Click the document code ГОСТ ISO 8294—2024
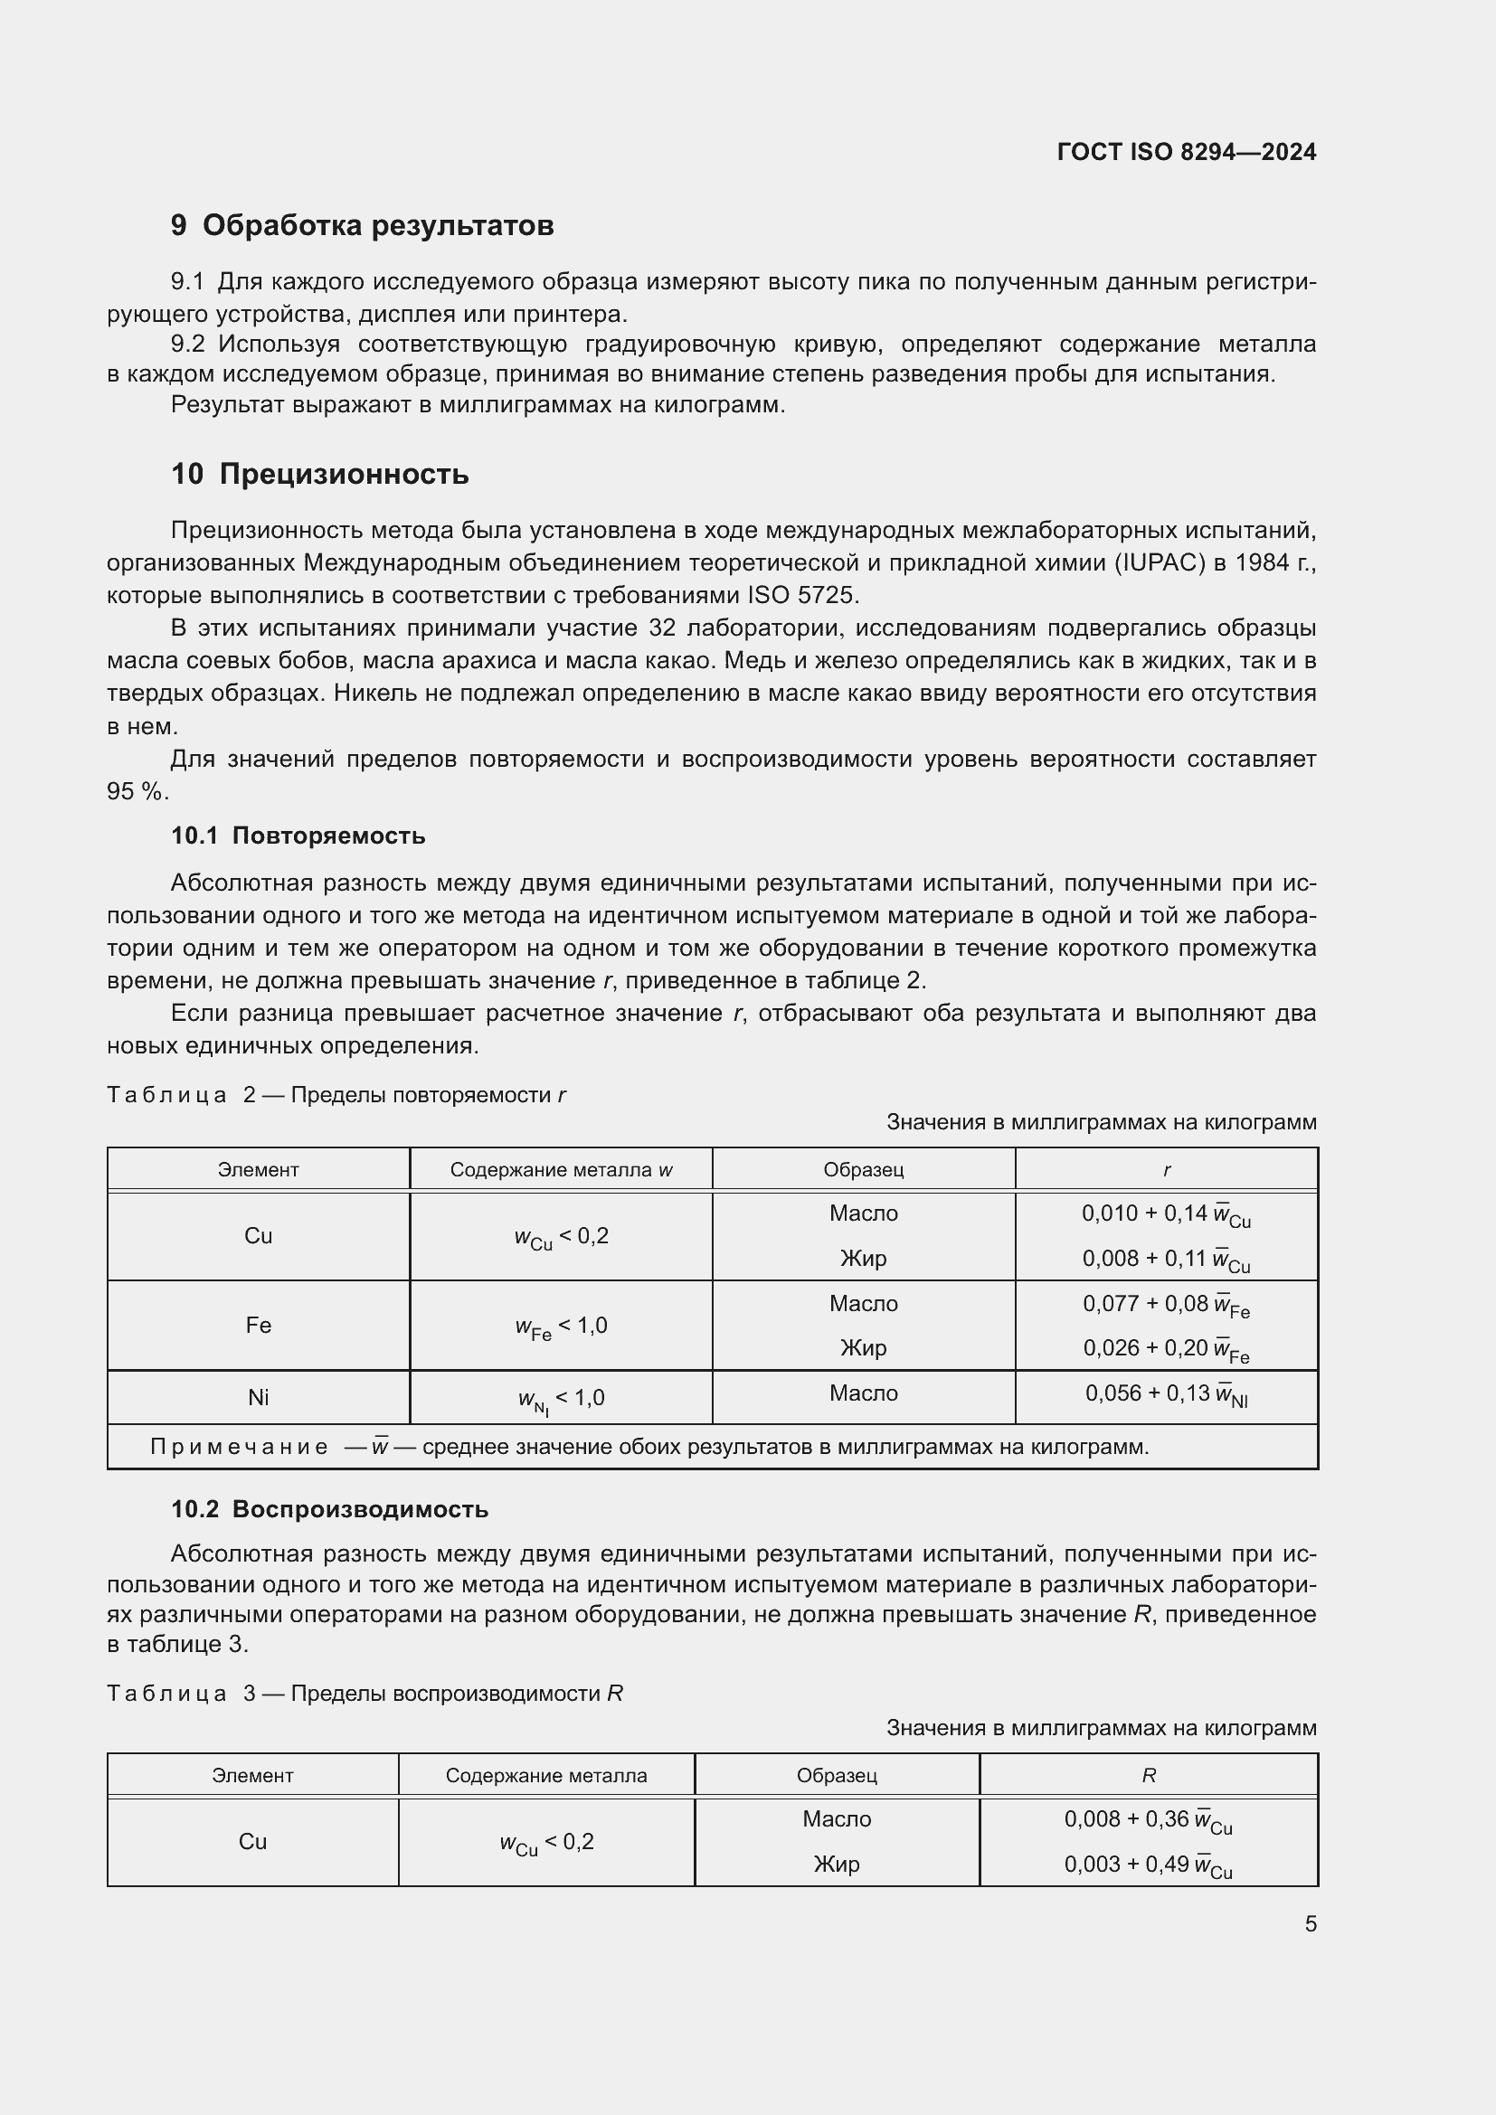point(1187,153)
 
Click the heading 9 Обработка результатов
point(362,226)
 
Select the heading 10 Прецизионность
point(319,475)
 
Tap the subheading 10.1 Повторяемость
point(298,836)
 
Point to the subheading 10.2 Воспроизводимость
point(330,1509)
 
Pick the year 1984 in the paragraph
point(1260,562)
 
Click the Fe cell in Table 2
point(258,1325)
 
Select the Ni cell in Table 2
point(258,1397)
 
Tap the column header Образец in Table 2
point(863,1170)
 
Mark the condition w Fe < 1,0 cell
point(561,1327)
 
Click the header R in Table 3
point(1148,1775)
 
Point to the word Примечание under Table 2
point(240,1446)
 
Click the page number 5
point(1310,1923)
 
